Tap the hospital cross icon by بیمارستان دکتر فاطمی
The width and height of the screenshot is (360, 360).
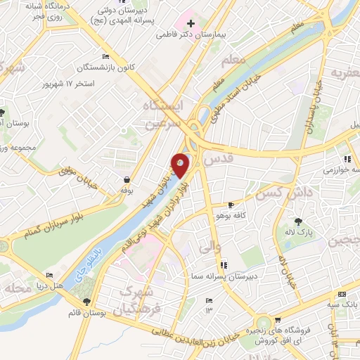[x=191, y=23]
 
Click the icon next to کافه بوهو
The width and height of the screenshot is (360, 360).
[x=231, y=205]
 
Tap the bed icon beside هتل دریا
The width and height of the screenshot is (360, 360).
[x=49, y=275]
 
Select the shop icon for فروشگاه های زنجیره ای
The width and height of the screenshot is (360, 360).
[x=278, y=320]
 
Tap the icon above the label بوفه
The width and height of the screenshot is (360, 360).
[x=126, y=179]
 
